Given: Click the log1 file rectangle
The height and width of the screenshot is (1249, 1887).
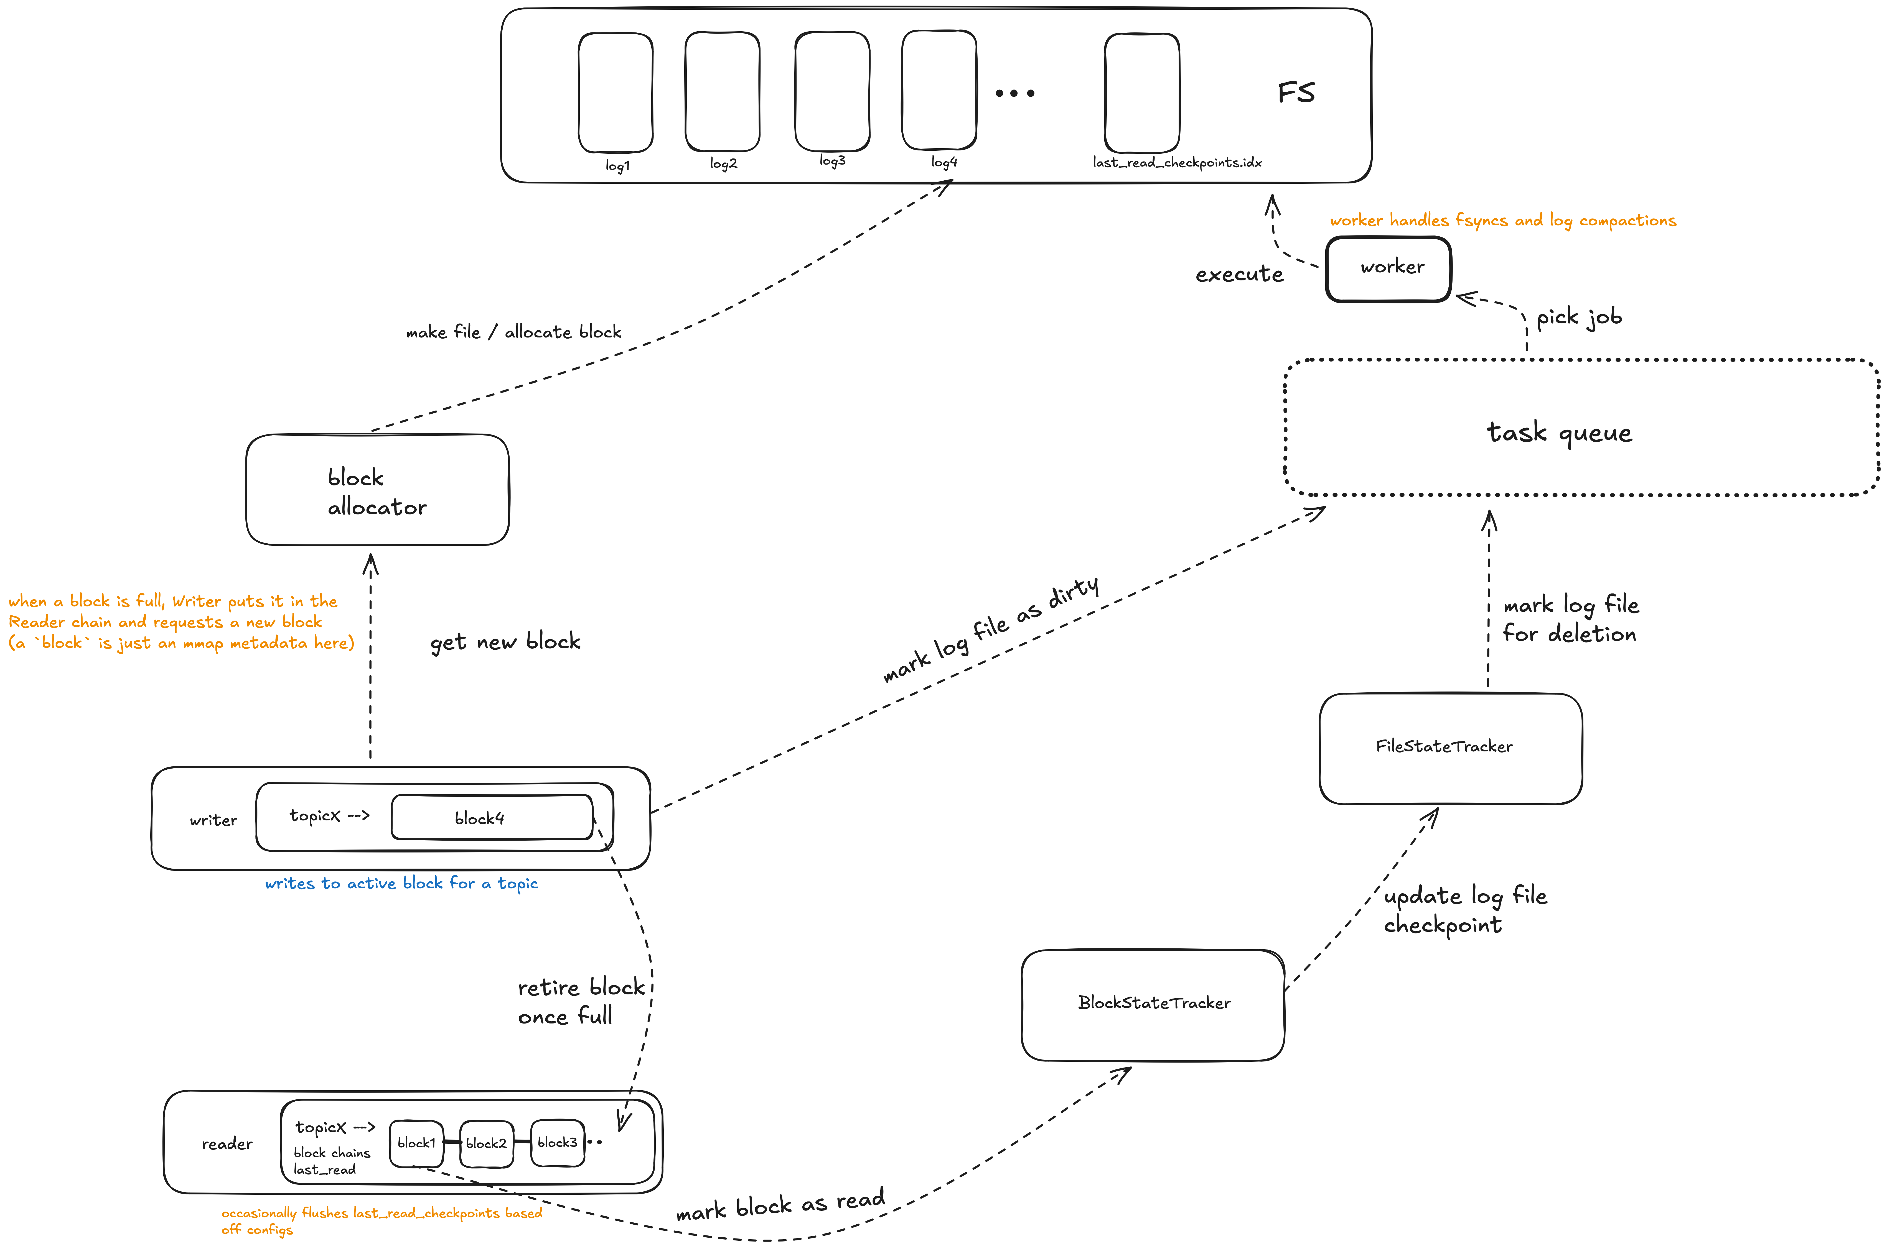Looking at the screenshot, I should pos(615,93).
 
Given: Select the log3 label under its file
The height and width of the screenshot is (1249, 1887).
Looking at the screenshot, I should pos(832,161).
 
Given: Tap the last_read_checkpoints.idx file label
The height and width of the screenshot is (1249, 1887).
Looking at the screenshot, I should pos(1177,162).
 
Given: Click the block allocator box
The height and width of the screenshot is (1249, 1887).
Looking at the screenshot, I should pos(377,490).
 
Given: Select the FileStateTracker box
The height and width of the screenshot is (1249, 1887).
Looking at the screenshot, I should pos(1450,748).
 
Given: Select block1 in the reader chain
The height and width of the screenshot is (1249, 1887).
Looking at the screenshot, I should pos(416,1143).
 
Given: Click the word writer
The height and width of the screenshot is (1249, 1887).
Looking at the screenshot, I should pos(213,820).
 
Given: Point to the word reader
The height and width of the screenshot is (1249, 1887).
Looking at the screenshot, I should pos(227,1144).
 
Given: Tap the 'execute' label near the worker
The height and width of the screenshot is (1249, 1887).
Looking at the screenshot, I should pos(1239,275).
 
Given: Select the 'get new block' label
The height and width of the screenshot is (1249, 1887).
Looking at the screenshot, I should pos(505,642).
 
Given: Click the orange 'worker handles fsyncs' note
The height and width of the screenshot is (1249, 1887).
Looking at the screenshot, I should pos(1502,221).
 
